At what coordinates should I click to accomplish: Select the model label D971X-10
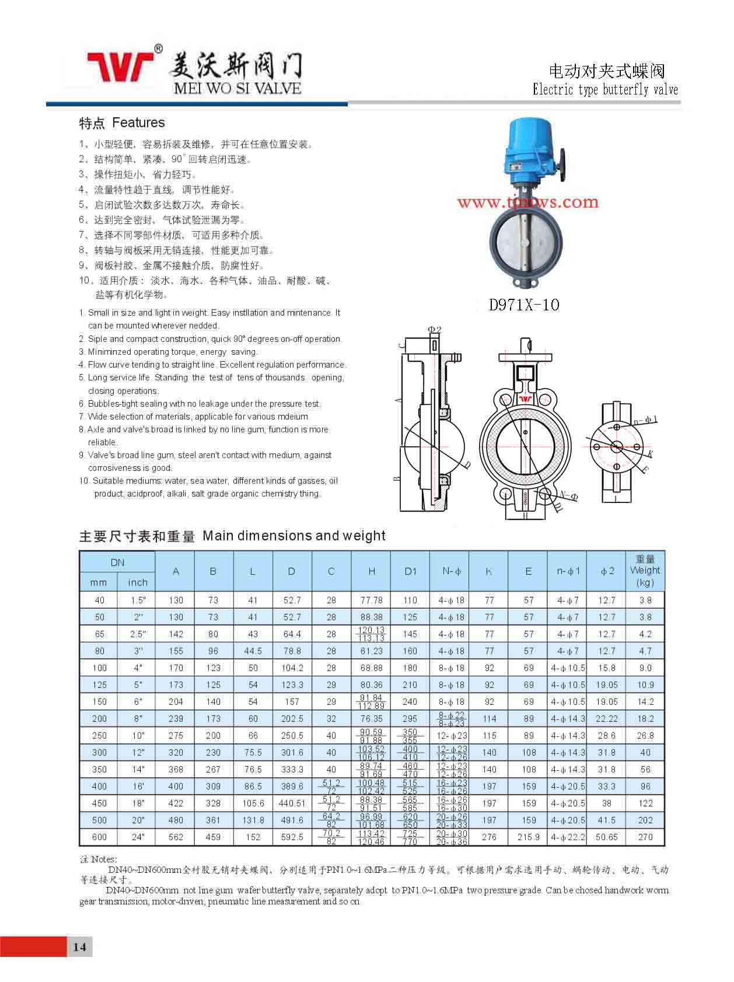pyautogui.click(x=524, y=305)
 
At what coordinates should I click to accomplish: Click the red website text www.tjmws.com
pyautogui.click(x=527, y=202)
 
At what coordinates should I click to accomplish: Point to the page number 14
pyautogui.click(x=80, y=946)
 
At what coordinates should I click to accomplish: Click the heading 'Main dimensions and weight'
pyautogui.click(x=293, y=536)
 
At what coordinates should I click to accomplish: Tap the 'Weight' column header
pyautogui.click(x=645, y=571)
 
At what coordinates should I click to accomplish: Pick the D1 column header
pyautogui.click(x=410, y=571)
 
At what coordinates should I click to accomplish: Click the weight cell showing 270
pyautogui.click(x=645, y=837)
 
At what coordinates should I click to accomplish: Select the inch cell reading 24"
pyautogui.click(x=138, y=837)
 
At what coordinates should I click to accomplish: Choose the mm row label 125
pyautogui.click(x=99, y=685)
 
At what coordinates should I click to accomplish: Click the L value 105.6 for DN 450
pyautogui.click(x=253, y=803)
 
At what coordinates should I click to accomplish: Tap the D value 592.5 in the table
pyautogui.click(x=291, y=837)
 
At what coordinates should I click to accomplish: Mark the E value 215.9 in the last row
pyautogui.click(x=528, y=837)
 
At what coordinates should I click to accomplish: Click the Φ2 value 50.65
pyautogui.click(x=607, y=837)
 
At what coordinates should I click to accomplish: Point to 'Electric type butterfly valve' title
pyautogui.click(x=605, y=90)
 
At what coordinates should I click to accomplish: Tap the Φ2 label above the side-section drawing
pyautogui.click(x=435, y=329)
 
